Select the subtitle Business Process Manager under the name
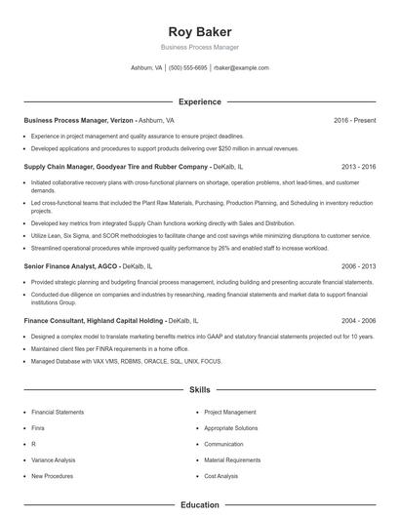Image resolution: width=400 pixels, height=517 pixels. (x=199, y=47)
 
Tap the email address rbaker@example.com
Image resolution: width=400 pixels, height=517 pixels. (x=241, y=68)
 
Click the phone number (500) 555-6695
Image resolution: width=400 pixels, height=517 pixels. (x=187, y=68)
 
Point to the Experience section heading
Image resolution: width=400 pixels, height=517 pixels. (x=199, y=101)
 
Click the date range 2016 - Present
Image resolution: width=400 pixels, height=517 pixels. (x=354, y=120)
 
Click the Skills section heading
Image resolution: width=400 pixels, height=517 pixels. (x=199, y=389)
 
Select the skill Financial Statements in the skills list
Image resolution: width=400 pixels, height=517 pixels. (x=58, y=412)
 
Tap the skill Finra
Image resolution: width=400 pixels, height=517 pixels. (x=39, y=427)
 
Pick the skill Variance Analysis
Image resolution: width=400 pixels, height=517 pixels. (x=53, y=459)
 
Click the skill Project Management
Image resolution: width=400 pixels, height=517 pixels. (x=230, y=412)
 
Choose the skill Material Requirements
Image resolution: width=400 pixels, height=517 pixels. (x=232, y=459)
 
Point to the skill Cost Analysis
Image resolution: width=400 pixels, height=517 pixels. (x=221, y=476)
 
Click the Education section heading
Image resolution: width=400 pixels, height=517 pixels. (x=199, y=505)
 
